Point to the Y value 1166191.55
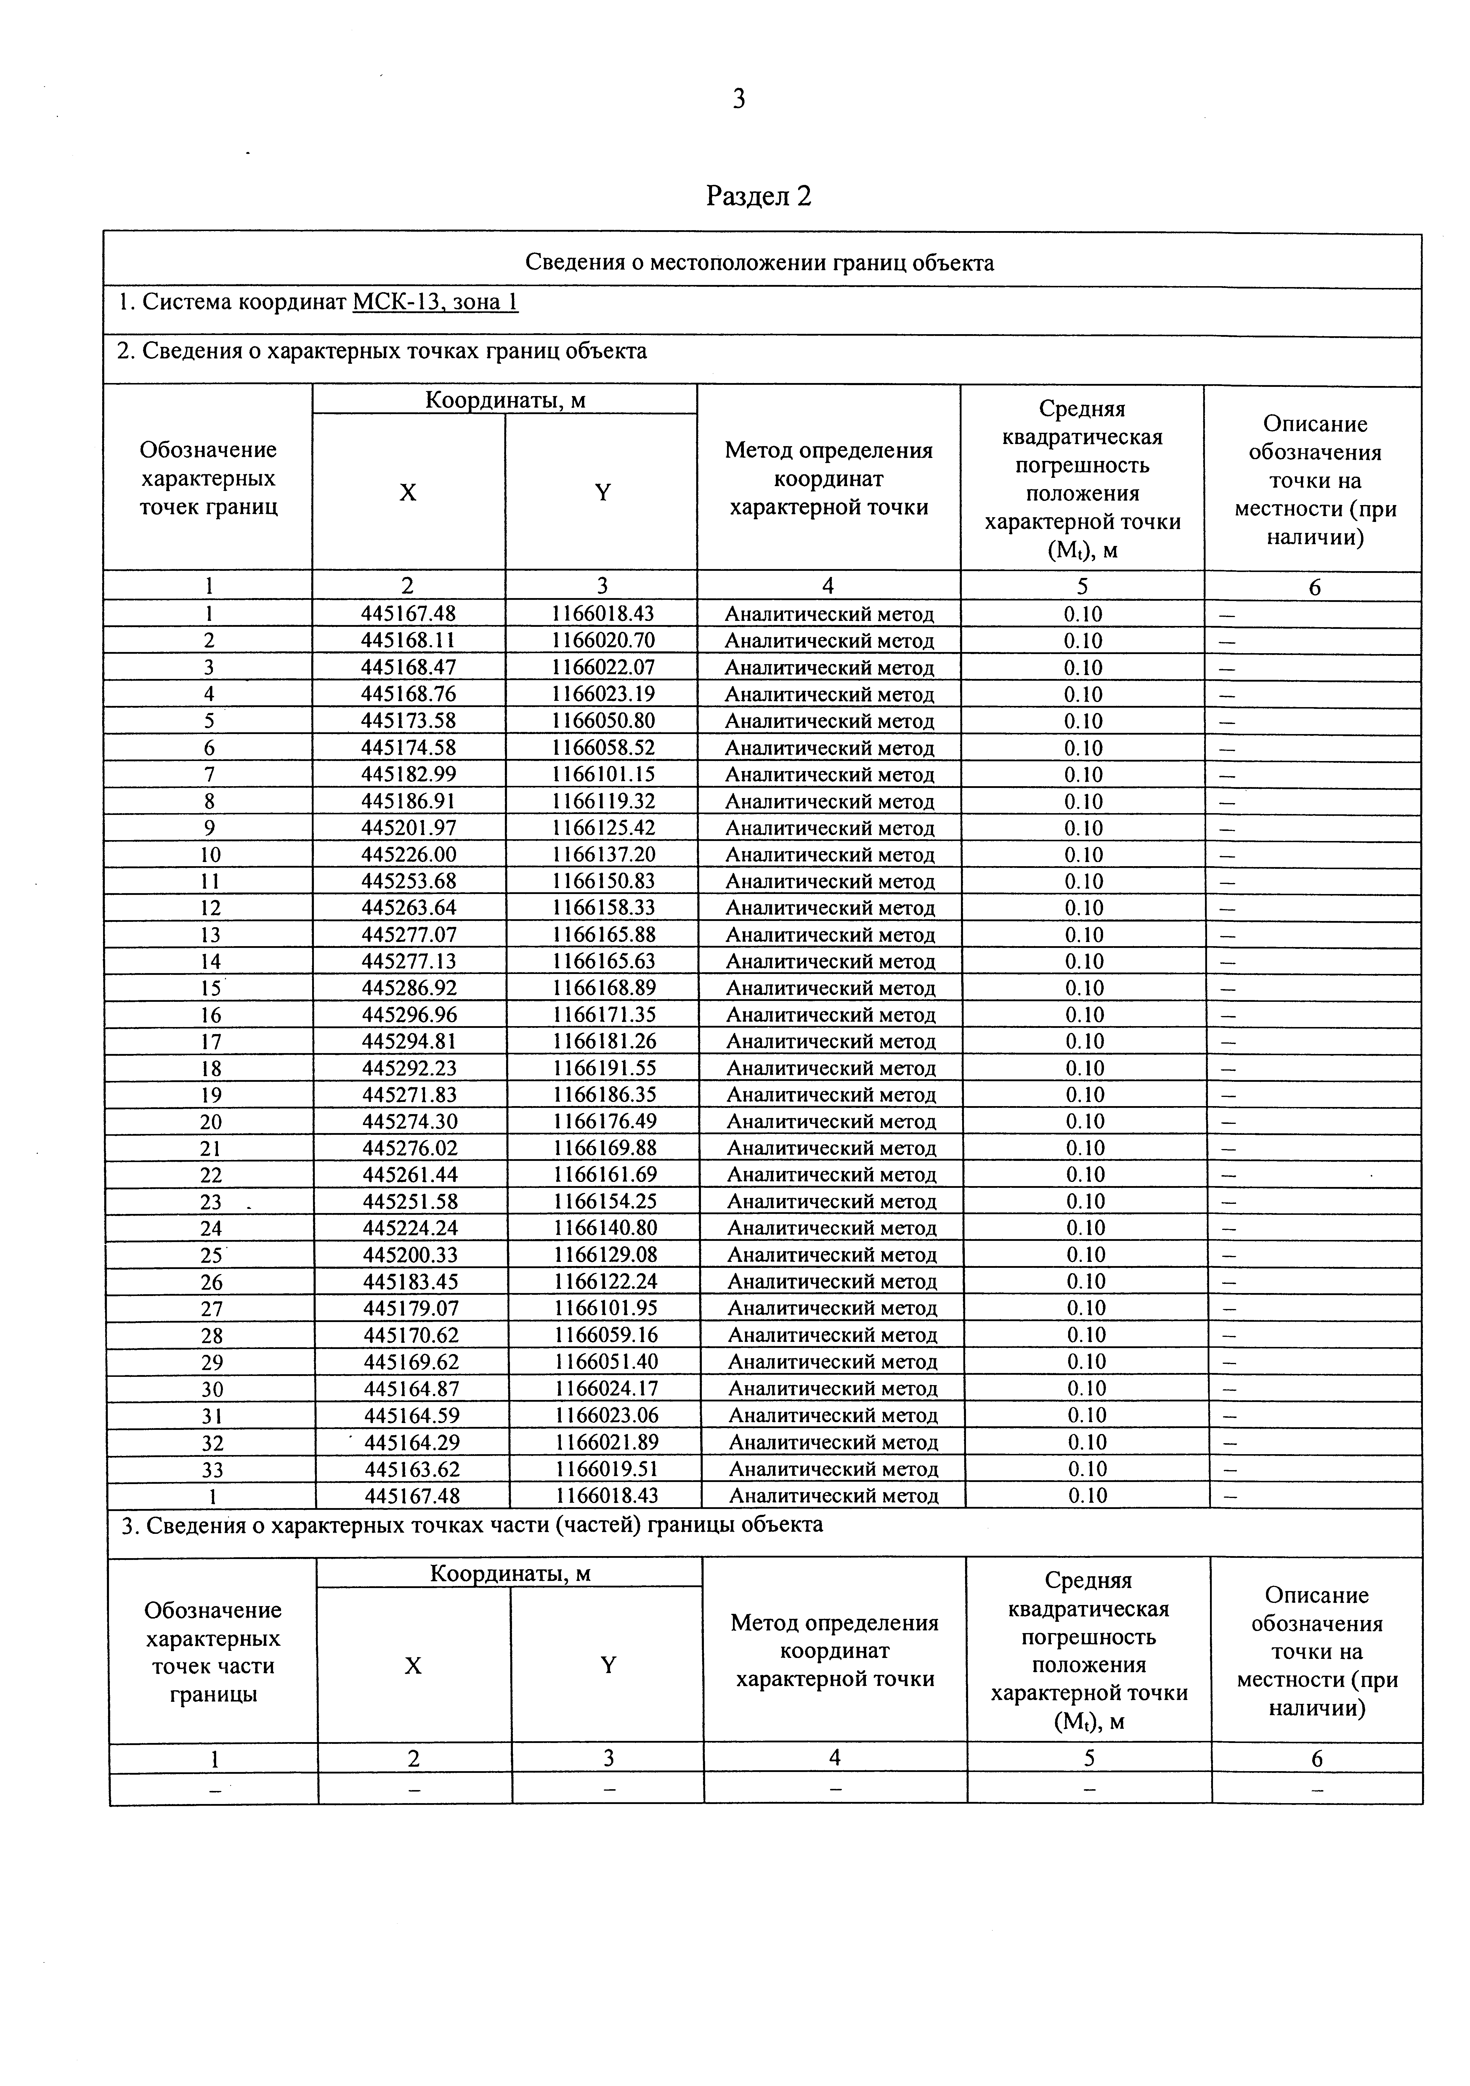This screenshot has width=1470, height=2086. (x=604, y=1068)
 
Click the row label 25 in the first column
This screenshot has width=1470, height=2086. (x=211, y=1256)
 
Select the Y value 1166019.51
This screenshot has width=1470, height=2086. (x=606, y=1469)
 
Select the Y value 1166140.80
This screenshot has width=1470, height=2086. (x=605, y=1228)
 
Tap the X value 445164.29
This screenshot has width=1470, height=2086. (x=412, y=1443)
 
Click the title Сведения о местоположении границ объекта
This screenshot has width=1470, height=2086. (x=760, y=263)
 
